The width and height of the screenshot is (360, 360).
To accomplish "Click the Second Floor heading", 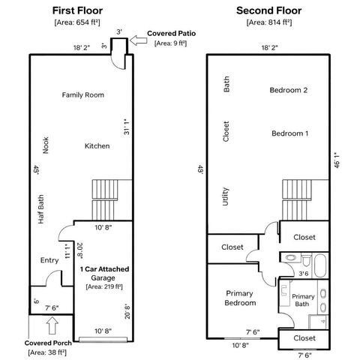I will [x=268, y=10].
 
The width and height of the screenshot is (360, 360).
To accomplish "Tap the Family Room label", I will [x=82, y=95].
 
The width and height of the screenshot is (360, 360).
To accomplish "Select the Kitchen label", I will [x=97, y=145].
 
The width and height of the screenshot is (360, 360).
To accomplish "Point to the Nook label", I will [x=46, y=145].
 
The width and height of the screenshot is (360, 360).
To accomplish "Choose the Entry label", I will [x=49, y=260].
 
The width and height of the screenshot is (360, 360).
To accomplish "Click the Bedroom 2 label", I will [x=289, y=90].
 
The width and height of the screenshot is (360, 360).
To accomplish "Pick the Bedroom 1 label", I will [x=290, y=133].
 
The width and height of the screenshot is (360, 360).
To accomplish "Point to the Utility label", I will [x=225, y=196].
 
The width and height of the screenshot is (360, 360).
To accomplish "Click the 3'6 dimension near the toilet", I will [x=303, y=274].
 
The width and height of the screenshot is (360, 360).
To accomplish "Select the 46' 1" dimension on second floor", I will [x=337, y=160].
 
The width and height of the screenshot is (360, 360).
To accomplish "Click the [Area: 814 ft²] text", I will [x=269, y=23].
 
